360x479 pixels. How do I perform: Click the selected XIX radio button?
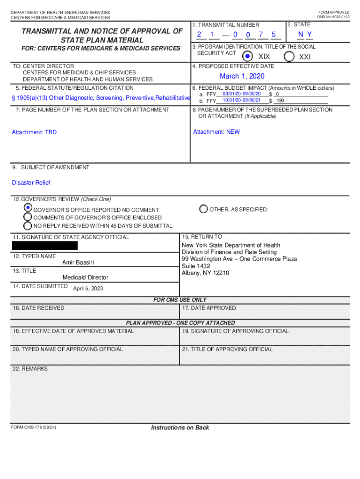point(248,57)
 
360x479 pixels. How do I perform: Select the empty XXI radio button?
point(289,57)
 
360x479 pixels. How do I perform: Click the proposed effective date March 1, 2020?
point(242,76)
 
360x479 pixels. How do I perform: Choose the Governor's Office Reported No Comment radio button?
point(28,208)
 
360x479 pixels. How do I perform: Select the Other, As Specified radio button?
point(203,209)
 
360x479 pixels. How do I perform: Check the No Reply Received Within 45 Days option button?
point(28,225)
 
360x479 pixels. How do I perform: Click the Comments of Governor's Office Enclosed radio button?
point(28,217)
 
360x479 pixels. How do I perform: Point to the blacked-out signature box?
point(45,246)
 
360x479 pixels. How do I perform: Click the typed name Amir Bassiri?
point(78,262)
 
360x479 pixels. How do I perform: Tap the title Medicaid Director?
point(85,277)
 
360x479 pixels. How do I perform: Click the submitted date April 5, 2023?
point(88,289)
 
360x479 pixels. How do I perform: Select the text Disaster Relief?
point(31,182)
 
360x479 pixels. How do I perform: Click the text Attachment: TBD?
point(34,132)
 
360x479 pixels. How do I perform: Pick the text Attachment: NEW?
point(216,132)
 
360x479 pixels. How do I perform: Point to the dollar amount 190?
point(280,101)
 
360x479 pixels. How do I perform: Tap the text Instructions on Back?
point(180,428)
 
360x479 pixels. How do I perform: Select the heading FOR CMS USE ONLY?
point(180,300)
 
